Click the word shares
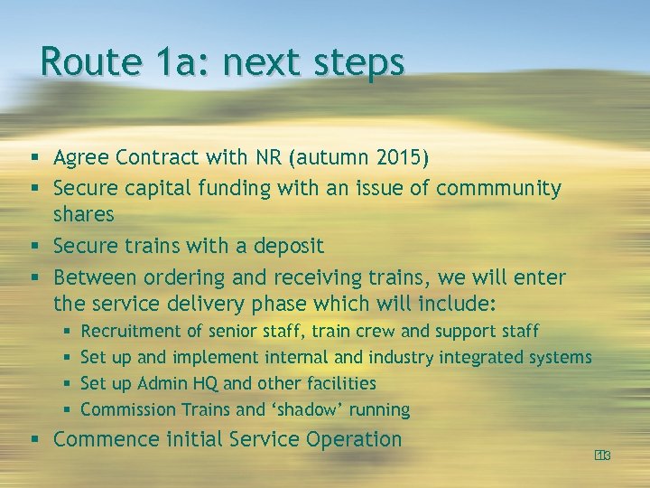(84, 215)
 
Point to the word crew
(378, 332)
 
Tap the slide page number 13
(603, 455)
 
